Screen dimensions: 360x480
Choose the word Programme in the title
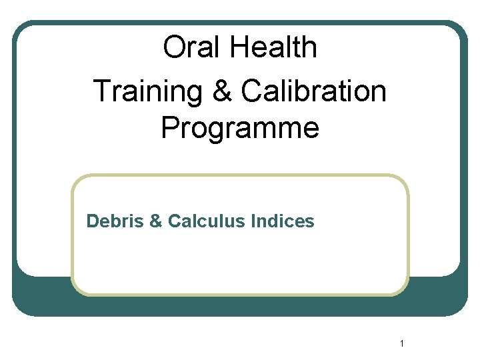coord(240,128)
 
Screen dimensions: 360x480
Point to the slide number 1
coord(403,344)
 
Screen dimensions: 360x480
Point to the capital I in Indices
coord(254,221)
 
